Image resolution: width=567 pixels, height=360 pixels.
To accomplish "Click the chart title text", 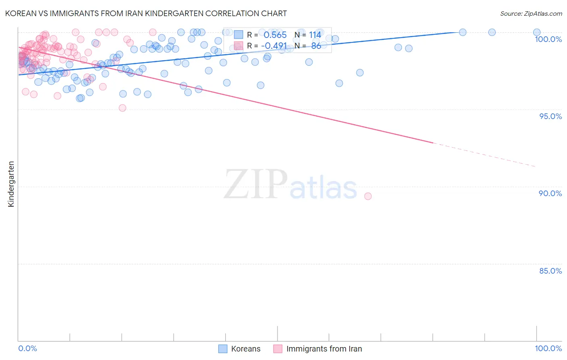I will [x=146, y=13].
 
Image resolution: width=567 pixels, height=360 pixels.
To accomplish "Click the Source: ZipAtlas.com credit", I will [x=531, y=13].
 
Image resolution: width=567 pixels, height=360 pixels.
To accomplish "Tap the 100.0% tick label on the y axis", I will [x=548, y=39].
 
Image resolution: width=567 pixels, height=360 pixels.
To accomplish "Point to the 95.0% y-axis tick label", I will [x=550, y=116].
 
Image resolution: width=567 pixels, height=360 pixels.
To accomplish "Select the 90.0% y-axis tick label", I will [x=550, y=193].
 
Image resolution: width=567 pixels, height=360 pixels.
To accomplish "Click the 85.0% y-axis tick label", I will [x=550, y=271].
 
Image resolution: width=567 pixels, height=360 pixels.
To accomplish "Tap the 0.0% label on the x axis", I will [x=27, y=348].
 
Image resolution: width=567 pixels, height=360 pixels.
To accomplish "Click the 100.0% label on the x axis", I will [x=548, y=348].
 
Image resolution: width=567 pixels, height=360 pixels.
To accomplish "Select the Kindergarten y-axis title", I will [x=11, y=184].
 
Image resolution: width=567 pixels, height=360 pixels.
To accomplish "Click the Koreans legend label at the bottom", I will [x=246, y=349].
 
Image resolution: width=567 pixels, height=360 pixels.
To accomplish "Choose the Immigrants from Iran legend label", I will [x=324, y=349].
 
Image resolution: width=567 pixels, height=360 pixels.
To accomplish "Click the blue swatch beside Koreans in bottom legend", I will [x=223, y=349].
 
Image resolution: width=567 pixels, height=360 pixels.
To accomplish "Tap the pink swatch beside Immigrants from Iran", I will [x=278, y=349].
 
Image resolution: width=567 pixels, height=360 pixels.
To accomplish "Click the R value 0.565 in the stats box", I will [x=275, y=35].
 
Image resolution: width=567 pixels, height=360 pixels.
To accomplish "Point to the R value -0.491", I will [x=274, y=46].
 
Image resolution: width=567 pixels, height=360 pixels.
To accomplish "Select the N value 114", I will [x=315, y=35].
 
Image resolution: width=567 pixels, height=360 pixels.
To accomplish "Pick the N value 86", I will [x=316, y=46].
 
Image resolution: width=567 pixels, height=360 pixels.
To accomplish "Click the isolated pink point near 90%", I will [x=368, y=196].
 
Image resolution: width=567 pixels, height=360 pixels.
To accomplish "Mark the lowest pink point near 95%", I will [x=123, y=108].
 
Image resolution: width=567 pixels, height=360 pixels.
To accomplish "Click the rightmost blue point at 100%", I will [x=537, y=32].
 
